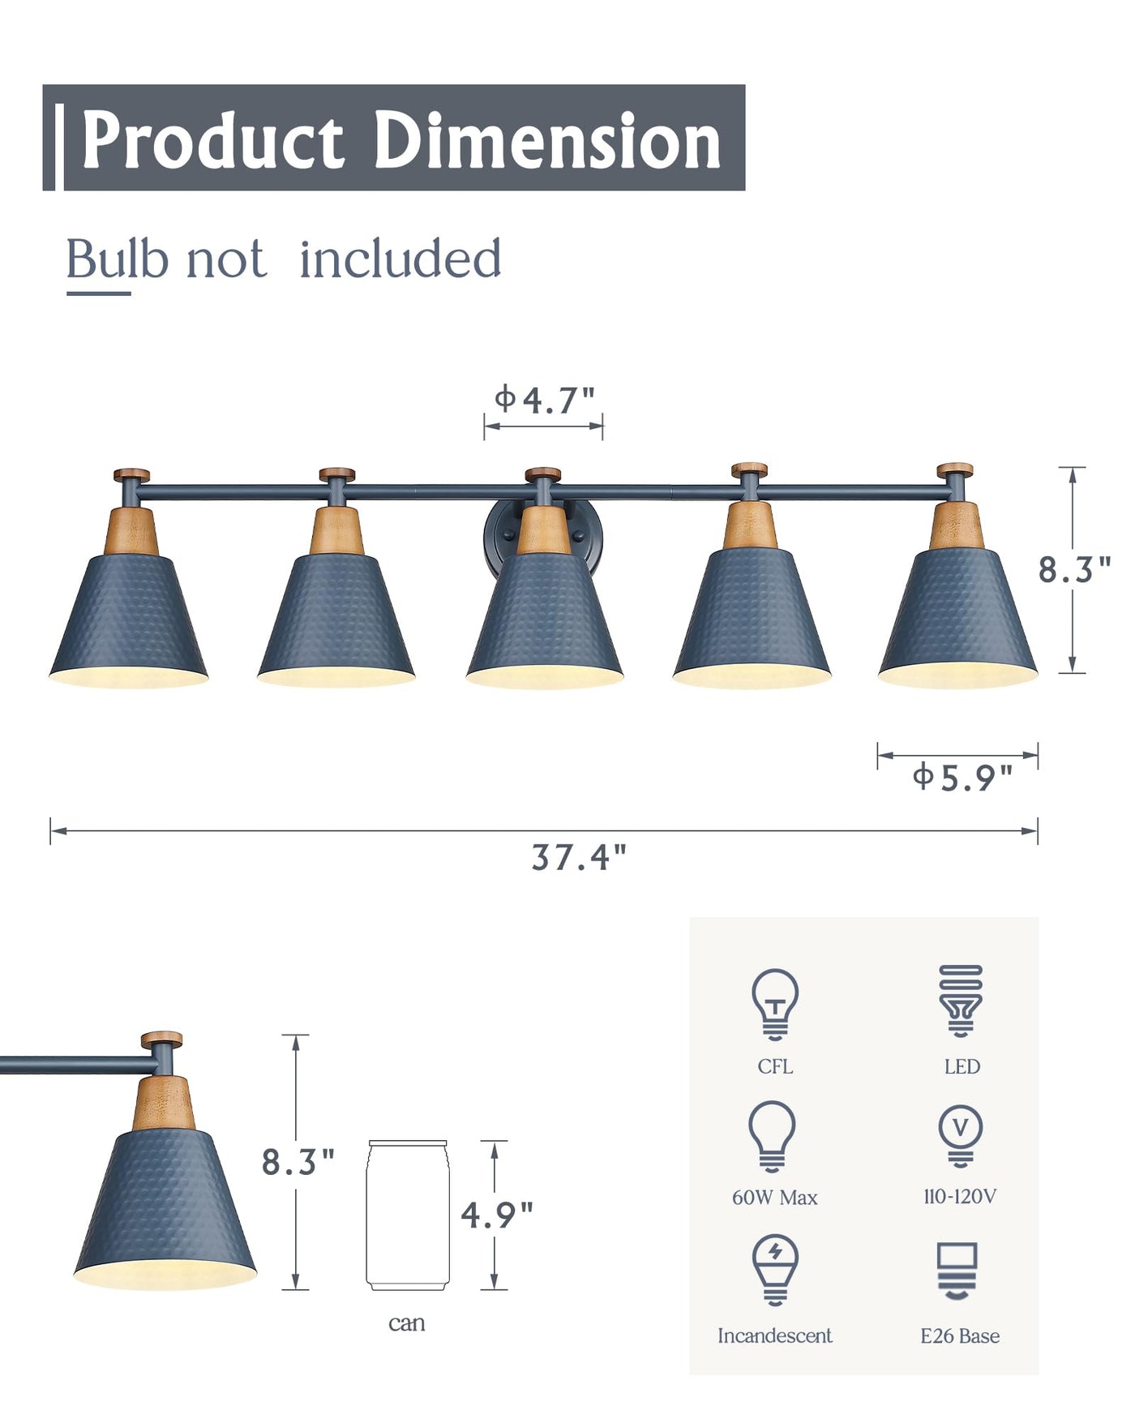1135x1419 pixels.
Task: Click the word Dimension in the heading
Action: click(x=547, y=140)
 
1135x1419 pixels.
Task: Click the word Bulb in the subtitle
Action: click(x=118, y=259)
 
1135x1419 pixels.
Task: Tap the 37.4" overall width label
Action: click(x=579, y=857)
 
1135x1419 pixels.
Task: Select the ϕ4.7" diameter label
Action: click(x=545, y=399)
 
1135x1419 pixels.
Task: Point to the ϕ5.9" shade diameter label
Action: click(x=962, y=777)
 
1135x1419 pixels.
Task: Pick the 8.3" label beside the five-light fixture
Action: click(x=1075, y=570)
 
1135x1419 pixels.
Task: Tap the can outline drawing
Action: click(x=407, y=1215)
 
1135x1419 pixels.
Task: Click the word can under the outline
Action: click(x=407, y=1324)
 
